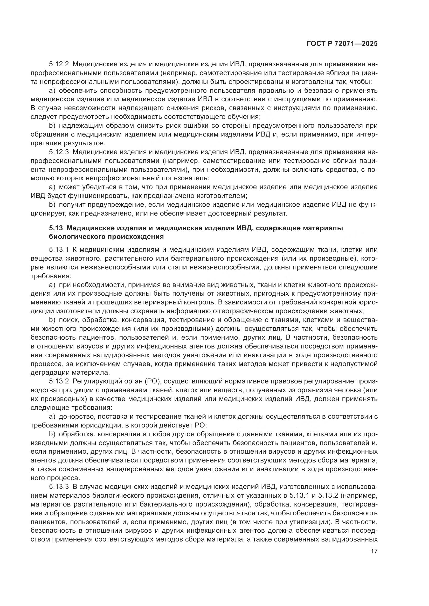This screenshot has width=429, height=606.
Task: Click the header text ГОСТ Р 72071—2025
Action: point(342,44)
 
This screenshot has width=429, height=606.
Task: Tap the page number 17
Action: point(374,551)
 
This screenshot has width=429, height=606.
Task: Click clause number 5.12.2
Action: point(59,65)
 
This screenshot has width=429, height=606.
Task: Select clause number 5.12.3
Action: point(59,152)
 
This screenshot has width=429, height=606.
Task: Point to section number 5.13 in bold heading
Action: point(55,228)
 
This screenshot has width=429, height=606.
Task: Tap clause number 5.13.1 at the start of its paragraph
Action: point(59,250)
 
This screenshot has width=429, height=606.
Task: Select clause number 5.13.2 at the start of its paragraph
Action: point(59,381)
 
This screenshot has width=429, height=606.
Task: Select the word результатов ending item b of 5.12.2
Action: point(84,143)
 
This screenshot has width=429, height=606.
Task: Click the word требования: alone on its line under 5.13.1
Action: point(51,276)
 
